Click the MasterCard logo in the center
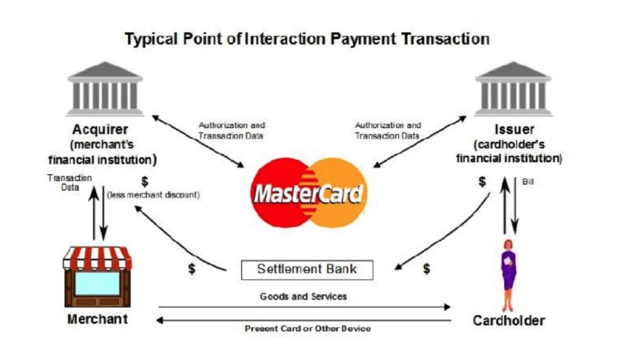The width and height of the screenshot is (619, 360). pyautogui.click(x=309, y=193)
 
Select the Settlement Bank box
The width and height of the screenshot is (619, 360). pyautogui.click(x=307, y=270)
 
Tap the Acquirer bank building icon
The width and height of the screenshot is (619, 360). pyautogui.click(x=105, y=89)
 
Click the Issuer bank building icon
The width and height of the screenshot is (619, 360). pyautogui.click(x=513, y=89)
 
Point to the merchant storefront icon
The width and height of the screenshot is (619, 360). pyautogui.click(x=97, y=277)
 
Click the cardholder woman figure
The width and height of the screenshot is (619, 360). pyautogui.click(x=509, y=275)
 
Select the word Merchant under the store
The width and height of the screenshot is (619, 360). pyautogui.click(x=97, y=318)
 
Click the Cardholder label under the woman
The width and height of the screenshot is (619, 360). pyautogui.click(x=509, y=320)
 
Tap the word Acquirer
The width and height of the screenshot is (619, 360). pyautogui.click(x=100, y=129)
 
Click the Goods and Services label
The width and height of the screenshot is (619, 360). pyautogui.click(x=303, y=297)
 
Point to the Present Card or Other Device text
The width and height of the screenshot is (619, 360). pyautogui.click(x=308, y=329)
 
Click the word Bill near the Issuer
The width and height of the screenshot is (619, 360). pyautogui.click(x=528, y=182)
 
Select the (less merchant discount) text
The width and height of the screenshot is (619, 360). pyautogui.click(x=154, y=194)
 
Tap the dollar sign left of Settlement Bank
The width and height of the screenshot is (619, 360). pyautogui.click(x=192, y=269)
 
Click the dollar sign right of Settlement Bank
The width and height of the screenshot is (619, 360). pyautogui.click(x=426, y=269)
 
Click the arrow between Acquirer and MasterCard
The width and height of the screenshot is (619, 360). pyautogui.click(x=198, y=141)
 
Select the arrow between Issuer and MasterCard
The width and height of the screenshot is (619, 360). pyautogui.click(x=420, y=141)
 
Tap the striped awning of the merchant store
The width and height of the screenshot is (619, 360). pyautogui.click(x=97, y=259)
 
